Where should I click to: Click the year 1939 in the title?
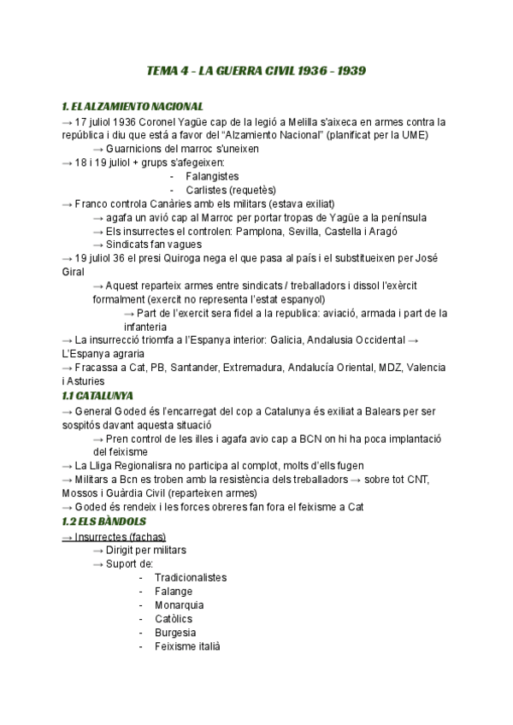pos(352,71)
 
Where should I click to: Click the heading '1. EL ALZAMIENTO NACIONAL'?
pos(133,107)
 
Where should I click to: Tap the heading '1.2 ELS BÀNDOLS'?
pos(104,522)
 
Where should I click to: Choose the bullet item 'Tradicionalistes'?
pos(191,577)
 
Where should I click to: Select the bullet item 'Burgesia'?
pos(175,633)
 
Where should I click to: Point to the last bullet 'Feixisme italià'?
pos(187,646)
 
